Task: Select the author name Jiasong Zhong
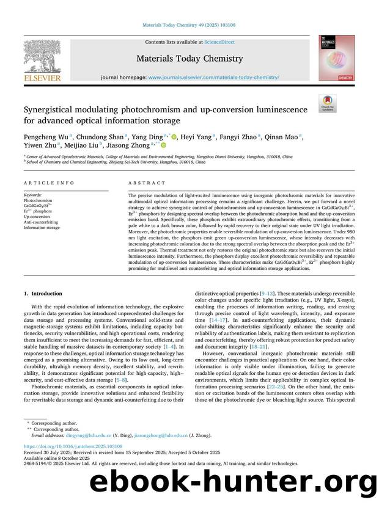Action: [133, 146]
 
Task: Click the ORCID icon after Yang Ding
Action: [174, 138]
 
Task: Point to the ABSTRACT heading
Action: [146, 183]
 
